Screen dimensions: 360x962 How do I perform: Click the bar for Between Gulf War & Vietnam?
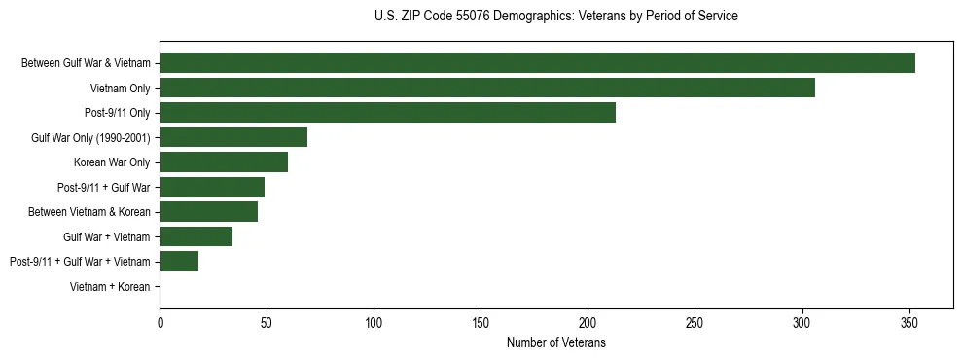click(537, 63)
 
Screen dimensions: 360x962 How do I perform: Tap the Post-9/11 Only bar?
click(387, 113)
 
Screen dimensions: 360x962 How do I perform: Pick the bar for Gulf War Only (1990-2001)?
click(233, 137)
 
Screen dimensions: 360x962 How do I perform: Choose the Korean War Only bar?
click(224, 162)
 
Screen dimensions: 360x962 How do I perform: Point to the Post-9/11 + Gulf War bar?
click(212, 187)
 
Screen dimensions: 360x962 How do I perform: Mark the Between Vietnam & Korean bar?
click(208, 212)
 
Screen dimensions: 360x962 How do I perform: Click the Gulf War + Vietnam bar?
click(196, 236)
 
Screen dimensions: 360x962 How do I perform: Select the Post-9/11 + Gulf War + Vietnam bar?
click(179, 262)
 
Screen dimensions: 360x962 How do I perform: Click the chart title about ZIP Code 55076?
click(555, 17)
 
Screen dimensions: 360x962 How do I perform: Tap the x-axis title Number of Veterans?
click(555, 342)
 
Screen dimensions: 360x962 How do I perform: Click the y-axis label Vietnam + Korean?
click(110, 287)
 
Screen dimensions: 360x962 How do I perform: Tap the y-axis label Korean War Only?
click(112, 162)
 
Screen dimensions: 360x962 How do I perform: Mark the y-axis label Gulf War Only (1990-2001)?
click(90, 138)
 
